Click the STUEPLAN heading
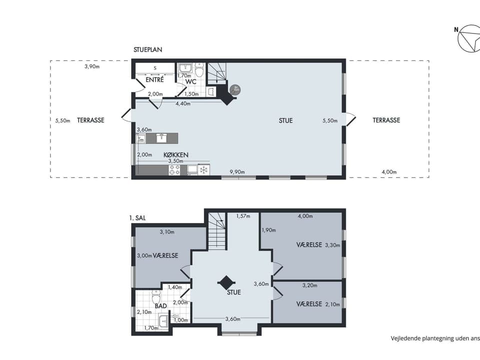147,50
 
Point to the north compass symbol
469,38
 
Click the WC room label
190,82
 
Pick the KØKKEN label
176,155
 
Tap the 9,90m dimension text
237,172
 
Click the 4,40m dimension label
182,104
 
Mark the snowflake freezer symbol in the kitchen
203,170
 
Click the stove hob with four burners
175,170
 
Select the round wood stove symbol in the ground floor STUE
235,89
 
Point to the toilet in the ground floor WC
199,70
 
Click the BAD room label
160,306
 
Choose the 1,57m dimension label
243,216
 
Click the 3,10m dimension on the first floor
167,232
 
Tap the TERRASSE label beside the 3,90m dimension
90,120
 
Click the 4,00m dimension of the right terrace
389,172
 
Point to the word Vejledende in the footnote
405,338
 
